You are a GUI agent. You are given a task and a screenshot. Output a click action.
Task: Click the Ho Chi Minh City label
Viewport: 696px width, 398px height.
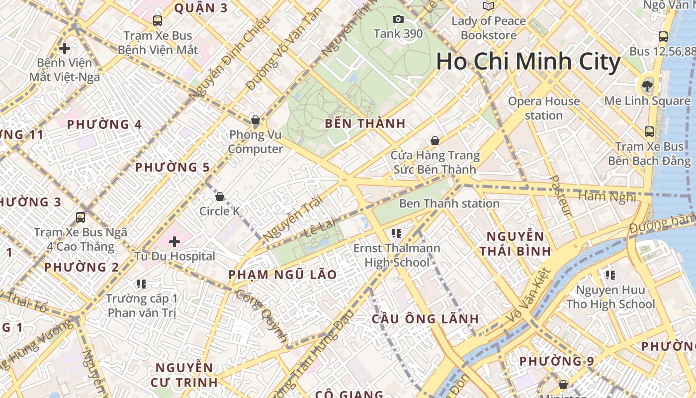528,62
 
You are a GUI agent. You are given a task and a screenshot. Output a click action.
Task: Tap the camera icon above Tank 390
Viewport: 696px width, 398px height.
398,19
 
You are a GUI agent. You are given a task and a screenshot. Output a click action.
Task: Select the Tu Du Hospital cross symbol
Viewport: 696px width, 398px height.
174,242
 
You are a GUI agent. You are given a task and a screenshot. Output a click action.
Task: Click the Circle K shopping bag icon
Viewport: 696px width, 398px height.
220,197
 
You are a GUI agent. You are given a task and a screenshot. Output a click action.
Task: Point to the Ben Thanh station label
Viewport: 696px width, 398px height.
449,203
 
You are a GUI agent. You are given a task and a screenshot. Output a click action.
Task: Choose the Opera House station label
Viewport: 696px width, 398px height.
543,108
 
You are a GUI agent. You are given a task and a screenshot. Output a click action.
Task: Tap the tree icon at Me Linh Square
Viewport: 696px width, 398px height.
647,86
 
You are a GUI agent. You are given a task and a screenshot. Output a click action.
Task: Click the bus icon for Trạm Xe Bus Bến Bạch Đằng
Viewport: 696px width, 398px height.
649,132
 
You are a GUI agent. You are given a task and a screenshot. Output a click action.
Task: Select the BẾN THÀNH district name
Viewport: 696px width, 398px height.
365,123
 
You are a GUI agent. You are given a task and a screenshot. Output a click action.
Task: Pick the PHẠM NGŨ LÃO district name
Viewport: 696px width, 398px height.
282,275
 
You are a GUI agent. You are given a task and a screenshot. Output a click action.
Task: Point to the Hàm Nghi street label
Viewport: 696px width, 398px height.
607,197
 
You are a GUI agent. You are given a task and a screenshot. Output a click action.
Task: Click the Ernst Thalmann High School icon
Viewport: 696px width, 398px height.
396,233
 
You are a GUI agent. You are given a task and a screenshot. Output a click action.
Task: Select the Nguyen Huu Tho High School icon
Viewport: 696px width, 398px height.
610,275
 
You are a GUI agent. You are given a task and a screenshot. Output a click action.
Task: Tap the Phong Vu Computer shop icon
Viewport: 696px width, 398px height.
256,120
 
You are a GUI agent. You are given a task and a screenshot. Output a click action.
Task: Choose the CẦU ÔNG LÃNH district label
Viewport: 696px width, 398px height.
425,319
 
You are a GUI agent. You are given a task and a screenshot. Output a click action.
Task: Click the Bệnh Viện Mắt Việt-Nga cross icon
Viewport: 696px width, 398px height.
64,48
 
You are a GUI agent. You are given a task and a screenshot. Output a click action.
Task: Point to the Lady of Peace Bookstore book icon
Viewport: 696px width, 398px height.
489,6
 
